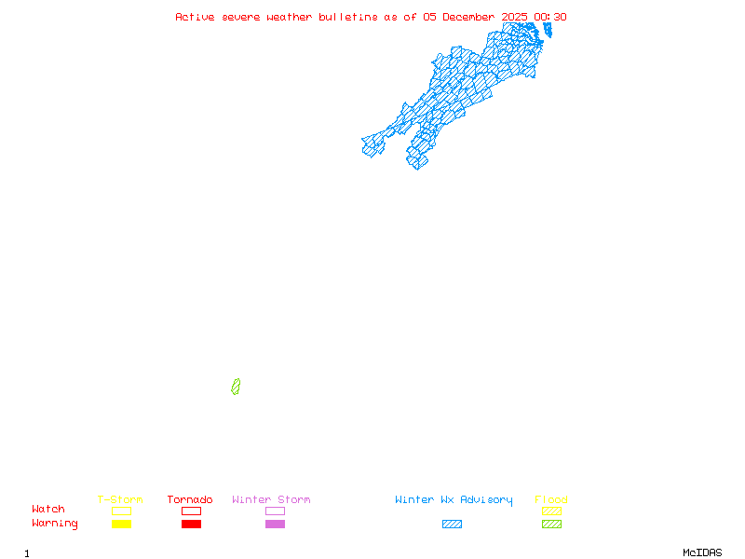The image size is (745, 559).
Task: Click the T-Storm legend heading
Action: [x=120, y=500]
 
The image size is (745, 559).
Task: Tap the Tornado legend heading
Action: [x=190, y=500]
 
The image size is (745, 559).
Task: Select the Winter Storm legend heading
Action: [x=271, y=500]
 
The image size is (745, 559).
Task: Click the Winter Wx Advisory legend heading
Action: [x=454, y=500]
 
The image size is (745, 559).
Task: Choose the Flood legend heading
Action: [x=551, y=500]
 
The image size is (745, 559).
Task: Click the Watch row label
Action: [x=48, y=510]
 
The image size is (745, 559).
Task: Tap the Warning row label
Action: [x=55, y=524]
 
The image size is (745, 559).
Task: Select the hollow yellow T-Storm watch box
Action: [x=121, y=511]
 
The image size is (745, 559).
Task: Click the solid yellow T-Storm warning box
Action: [x=121, y=524]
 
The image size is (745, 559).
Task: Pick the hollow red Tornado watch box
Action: [x=191, y=511]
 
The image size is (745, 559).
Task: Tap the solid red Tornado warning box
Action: [x=191, y=524]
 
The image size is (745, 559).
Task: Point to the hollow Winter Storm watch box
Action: [x=275, y=511]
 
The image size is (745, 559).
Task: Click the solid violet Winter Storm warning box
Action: [x=275, y=524]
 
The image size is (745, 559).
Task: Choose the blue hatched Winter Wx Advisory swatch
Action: [x=452, y=524]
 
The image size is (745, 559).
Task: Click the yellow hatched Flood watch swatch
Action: [x=551, y=511]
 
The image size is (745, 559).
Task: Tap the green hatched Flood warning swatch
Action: [x=551, y=524]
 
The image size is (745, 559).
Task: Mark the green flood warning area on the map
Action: [x=236, y=387]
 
